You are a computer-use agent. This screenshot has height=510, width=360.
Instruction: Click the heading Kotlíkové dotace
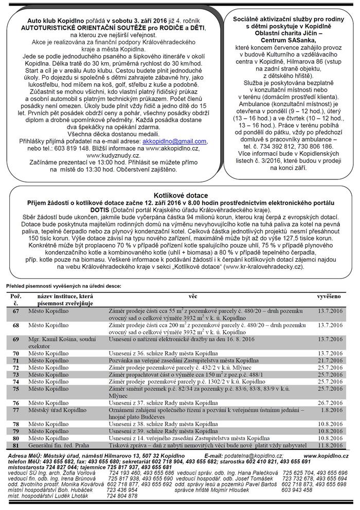(x=179, y=196)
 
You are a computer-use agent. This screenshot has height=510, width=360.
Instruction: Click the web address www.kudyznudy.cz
(x=112, y=154)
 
